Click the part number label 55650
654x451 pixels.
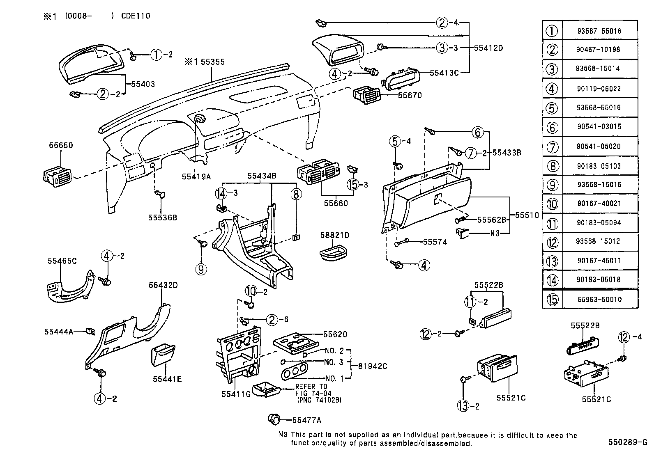pos(61,146)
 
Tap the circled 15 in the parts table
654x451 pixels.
pos(553,299)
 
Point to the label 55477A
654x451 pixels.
pos(306,420)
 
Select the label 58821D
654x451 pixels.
pos(334,235)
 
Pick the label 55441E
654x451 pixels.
pos(167,379)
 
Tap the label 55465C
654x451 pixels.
pos(62,261)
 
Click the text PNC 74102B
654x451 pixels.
pos(319,400)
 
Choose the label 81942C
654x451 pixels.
pos(372,366)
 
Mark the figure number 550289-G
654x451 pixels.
pos(627,442)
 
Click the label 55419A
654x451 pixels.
pos(196,176)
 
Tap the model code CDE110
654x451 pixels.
pos(136,16)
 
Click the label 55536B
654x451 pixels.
pos(162,217)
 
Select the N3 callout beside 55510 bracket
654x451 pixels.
pos(495,234)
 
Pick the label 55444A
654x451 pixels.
pos(58,331)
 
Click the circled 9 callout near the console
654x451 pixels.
pos(201,269)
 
